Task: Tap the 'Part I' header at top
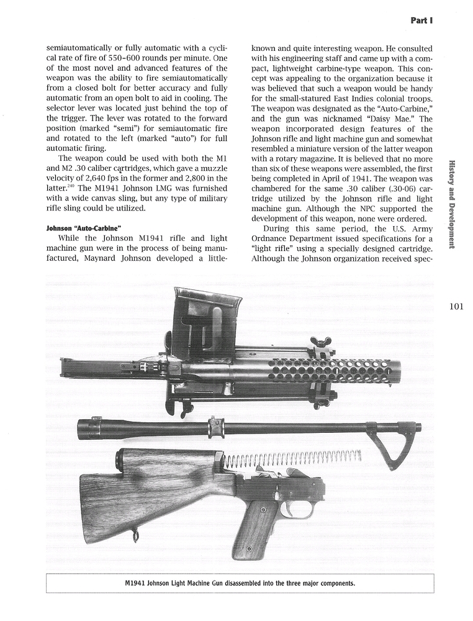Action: click(421, 20)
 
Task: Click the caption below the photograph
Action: click(240, 583)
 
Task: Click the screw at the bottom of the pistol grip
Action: click(248, 550)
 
